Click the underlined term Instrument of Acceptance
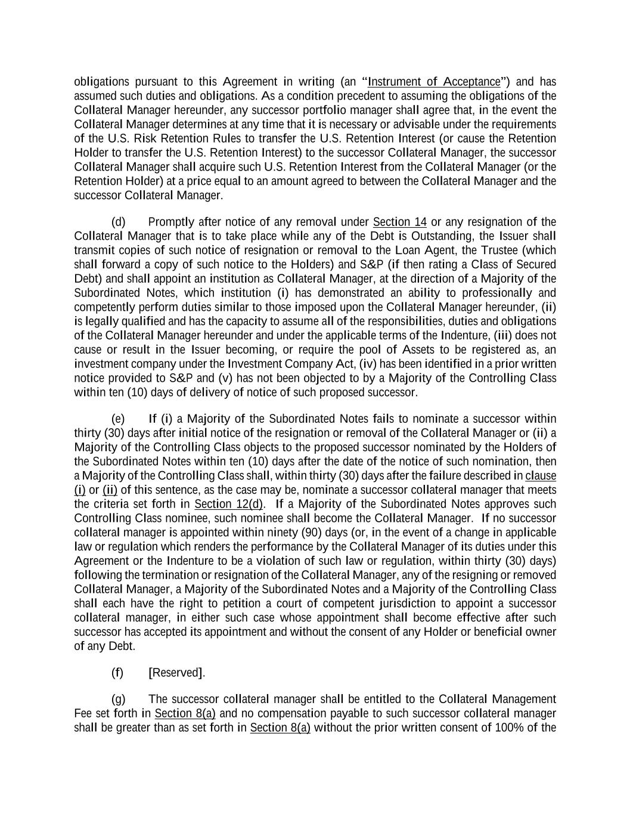[434, 82]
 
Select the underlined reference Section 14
[399, 222]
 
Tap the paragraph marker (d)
[119, 222]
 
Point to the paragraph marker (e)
[118, 419]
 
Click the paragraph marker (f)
[117, 673]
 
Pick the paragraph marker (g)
[119, 699]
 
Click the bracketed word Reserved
[176, 673]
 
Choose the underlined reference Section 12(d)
[229, 504]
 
